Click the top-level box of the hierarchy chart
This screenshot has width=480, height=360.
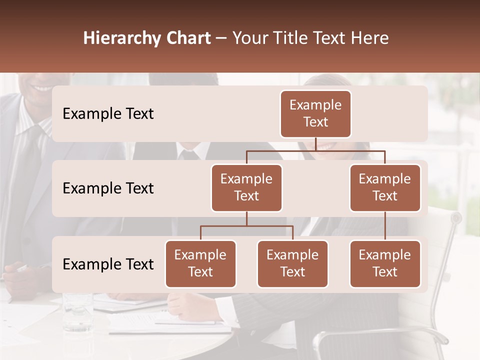point(315,114)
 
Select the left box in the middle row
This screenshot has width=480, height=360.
point(246,188)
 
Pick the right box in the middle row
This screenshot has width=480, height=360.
point(385,188)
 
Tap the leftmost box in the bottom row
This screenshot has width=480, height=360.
point(200,264)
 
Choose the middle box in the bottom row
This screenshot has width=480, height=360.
point(292,264)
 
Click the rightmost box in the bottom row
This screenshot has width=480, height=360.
point(385,264)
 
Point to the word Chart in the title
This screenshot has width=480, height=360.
point(185,38)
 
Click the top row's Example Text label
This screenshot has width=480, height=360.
point(108,114)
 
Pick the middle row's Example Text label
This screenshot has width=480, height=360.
point(108,188)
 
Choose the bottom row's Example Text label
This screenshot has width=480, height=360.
point(108,264)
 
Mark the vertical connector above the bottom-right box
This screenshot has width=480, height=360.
point(385,226)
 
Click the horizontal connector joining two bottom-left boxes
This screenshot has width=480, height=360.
point(246,226)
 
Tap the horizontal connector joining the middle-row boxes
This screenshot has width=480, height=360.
point(315,150)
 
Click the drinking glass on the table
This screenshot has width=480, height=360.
point(77,312)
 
